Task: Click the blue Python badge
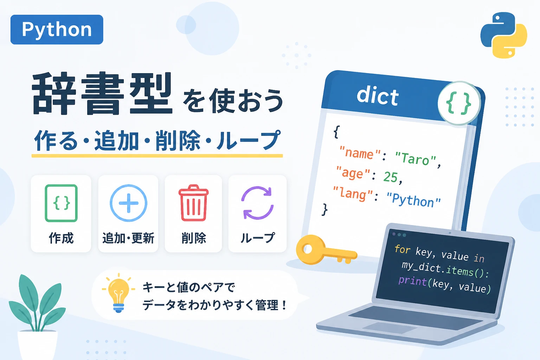coord(57,30)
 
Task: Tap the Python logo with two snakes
coord(503,35)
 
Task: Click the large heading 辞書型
coord(102,93)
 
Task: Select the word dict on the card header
coord(378,96)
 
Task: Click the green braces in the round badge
coord(458,103)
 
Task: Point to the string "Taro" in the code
coord(416,159)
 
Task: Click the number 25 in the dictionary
coord(390,176)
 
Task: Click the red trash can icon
coord(193,203)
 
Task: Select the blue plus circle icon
coord(128,203)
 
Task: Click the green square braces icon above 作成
coord(61,203)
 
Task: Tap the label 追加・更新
coord(128,238)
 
